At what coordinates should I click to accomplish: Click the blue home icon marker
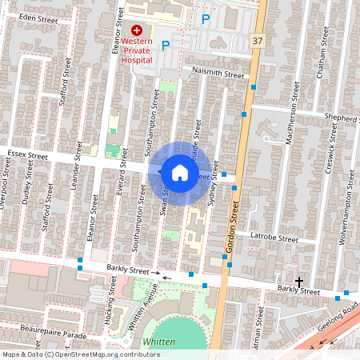click(180, 172)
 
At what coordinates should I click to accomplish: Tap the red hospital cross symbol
click(137, 30)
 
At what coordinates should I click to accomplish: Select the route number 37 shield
click(256, 41)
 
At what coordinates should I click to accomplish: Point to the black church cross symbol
click(300, 282)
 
